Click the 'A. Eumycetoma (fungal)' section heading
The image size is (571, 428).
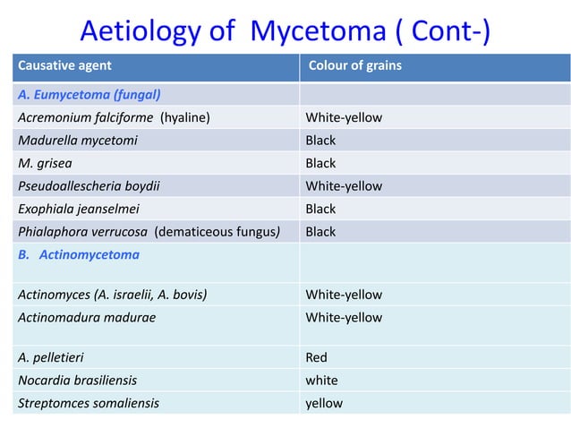click(89, 94)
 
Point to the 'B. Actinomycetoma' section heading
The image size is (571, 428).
click(78, 254)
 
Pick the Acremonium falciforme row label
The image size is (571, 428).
click(85, 117)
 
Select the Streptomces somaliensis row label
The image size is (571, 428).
click(88, 403)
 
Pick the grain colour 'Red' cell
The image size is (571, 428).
click(317, 357)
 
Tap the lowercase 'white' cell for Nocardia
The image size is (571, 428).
click(322, 380)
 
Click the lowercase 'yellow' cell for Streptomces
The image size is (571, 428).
click(324, 403)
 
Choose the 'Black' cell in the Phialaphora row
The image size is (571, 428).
click(320, 232)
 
